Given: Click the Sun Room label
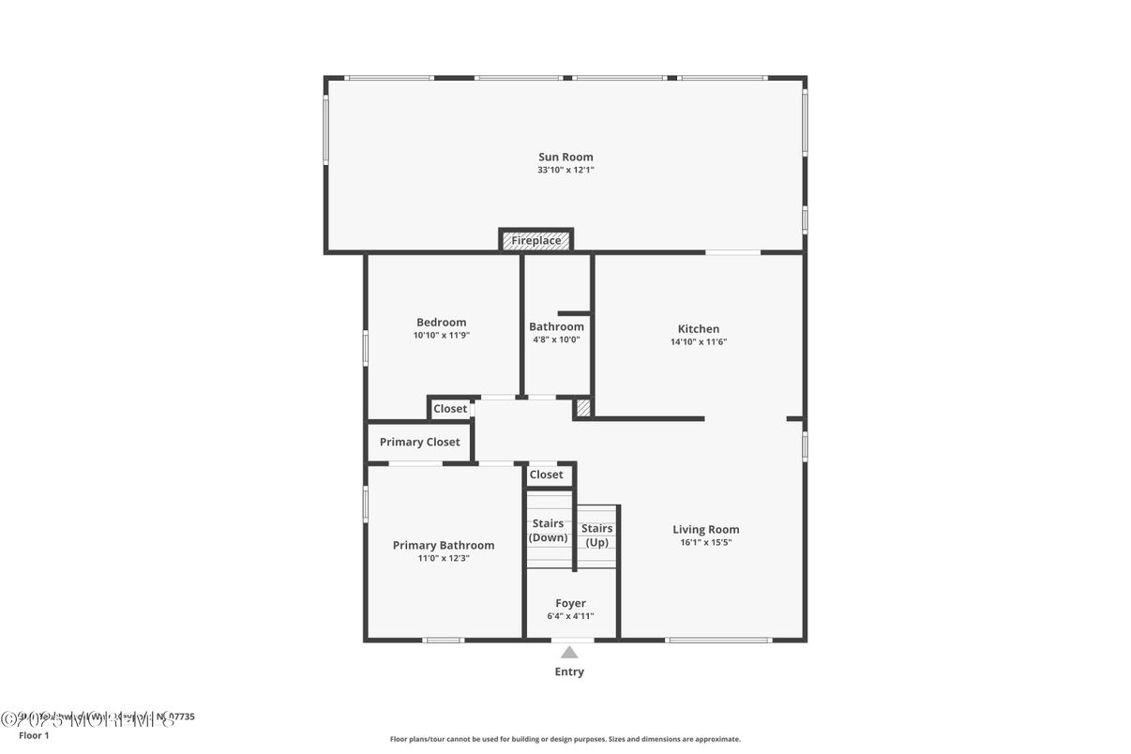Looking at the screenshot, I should tap(565, 157).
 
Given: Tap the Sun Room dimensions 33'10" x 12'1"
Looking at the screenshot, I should tap(565, 170).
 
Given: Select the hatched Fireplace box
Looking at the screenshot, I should tap(536, 241).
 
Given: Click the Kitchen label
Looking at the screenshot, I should tap(699, 328).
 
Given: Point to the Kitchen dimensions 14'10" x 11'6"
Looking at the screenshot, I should tap(699, 341).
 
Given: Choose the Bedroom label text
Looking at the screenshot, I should tap(441, 322).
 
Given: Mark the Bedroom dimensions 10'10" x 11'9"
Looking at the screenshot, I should tap(441, 335).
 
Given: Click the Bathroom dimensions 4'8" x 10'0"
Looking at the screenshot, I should tap(556, 339).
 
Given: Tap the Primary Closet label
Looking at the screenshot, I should tap(419, 442).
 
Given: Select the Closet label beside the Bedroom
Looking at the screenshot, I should tap(450, 409).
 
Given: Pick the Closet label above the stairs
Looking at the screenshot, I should tap(547, 475).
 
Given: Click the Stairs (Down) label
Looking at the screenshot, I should tap(548, 530).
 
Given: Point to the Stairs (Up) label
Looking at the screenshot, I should tap(596, 535).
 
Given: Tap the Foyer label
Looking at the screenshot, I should tap(570, 603).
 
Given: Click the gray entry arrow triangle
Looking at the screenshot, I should tap(569, 653).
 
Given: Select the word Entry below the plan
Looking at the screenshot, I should tap(569, 671).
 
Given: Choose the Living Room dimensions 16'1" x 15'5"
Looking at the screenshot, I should tap(705, 542).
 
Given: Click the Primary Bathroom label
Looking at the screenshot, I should tap(444, 545).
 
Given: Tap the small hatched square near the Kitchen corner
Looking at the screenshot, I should tap(582, 408).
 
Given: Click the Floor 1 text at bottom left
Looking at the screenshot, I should tap(34, 735).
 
